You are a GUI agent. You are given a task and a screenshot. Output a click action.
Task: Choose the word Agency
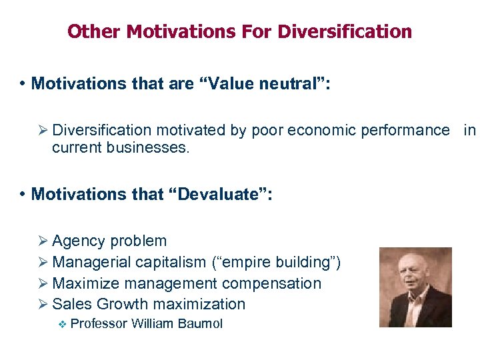(x=79, y=241)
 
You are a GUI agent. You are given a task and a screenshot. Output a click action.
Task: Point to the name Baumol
(x=201, y=324)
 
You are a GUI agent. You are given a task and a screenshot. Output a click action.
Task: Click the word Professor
(x=99, y=324)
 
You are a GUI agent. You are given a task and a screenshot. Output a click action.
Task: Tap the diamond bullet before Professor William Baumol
(x=63, y=324)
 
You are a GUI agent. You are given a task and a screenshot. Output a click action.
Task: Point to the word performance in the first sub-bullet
(x=405, y=130)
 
